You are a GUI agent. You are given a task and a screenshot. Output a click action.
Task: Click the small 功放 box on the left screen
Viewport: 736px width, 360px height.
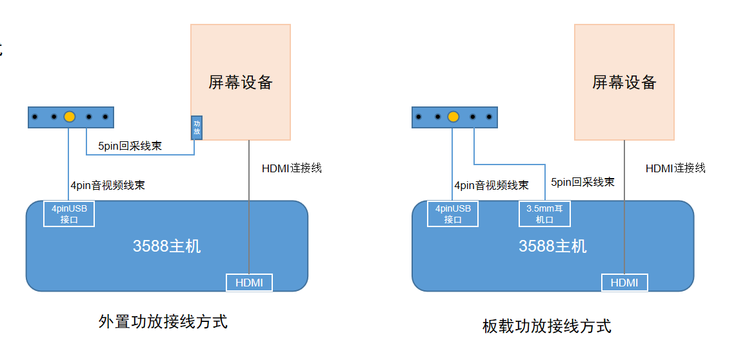coord(197,127)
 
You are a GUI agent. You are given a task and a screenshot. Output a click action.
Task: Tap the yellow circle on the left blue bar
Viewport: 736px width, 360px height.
coord(70,117)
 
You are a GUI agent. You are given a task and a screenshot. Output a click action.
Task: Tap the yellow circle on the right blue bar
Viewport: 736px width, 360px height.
coord(453,117)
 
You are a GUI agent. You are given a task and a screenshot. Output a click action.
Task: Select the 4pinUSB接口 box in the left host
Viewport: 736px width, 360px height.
coord(69,214)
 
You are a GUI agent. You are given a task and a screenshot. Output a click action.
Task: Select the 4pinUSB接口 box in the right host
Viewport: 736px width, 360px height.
coord(453,214)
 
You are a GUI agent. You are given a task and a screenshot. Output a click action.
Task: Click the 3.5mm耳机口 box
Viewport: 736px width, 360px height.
coord(545,214)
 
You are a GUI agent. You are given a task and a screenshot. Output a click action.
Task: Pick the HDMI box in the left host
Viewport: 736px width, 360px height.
coord(249,283)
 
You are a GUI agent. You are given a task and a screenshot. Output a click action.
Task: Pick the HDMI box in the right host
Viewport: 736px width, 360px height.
coord(624,283)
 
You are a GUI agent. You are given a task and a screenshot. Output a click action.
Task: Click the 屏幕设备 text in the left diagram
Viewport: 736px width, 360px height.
coord(241,83)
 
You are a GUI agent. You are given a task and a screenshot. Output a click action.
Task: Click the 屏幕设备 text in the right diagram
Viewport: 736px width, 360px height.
coord(624,83)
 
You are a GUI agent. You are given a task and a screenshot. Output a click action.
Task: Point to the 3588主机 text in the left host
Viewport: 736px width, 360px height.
coord(167,246)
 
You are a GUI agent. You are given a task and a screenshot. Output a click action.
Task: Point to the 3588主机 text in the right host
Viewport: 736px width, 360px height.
coord(553,246)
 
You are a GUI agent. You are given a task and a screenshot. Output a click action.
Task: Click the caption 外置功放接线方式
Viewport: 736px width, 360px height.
coord(163,321)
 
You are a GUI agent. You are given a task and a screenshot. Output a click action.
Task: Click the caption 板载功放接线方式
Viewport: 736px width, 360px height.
coord(547,326)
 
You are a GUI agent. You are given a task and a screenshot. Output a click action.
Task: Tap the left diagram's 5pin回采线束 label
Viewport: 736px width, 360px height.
coord(130,146)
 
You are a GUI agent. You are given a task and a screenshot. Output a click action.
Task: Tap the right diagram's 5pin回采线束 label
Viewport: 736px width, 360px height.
coord(582,182)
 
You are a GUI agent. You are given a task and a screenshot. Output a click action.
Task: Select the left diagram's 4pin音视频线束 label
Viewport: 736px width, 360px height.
coord(108,185)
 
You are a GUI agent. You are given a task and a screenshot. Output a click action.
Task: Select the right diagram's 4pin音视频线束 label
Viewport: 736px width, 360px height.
coord(492,185)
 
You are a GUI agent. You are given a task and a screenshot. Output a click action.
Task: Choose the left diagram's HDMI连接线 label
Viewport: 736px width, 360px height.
coord(292,168)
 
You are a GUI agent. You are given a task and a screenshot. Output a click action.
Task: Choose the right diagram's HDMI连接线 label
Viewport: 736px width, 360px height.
coord(675,168)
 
